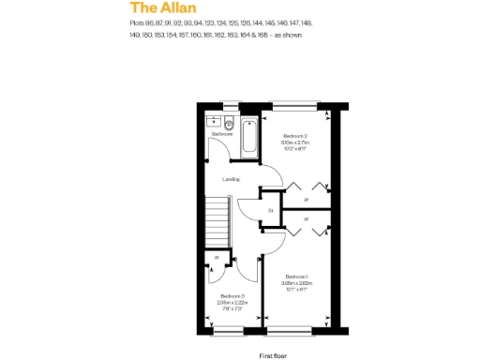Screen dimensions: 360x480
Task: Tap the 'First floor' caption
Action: (x=272, y=355)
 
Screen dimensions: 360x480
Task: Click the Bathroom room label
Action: (x=222, y=135)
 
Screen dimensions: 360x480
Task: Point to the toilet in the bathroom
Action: (x=227, y=123)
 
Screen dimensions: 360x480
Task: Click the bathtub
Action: (x=248, y=137)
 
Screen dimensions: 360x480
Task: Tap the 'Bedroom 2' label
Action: (x=295, y=136)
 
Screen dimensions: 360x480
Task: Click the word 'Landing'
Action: (x=231, y=179)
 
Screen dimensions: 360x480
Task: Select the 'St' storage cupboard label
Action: (x=270, y=210)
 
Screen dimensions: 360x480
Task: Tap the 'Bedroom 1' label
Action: (x=297, y=277)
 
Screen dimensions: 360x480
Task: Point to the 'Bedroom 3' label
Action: (x=231, y=296)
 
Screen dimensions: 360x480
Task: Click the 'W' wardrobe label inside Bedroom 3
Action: (x=217, y=256)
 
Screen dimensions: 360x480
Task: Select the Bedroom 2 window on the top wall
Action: (x=294, y=103)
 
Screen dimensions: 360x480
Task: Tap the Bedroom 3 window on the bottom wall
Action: (x=229, y=332)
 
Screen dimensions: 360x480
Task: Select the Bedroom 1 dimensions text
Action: (x=297, y=286)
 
